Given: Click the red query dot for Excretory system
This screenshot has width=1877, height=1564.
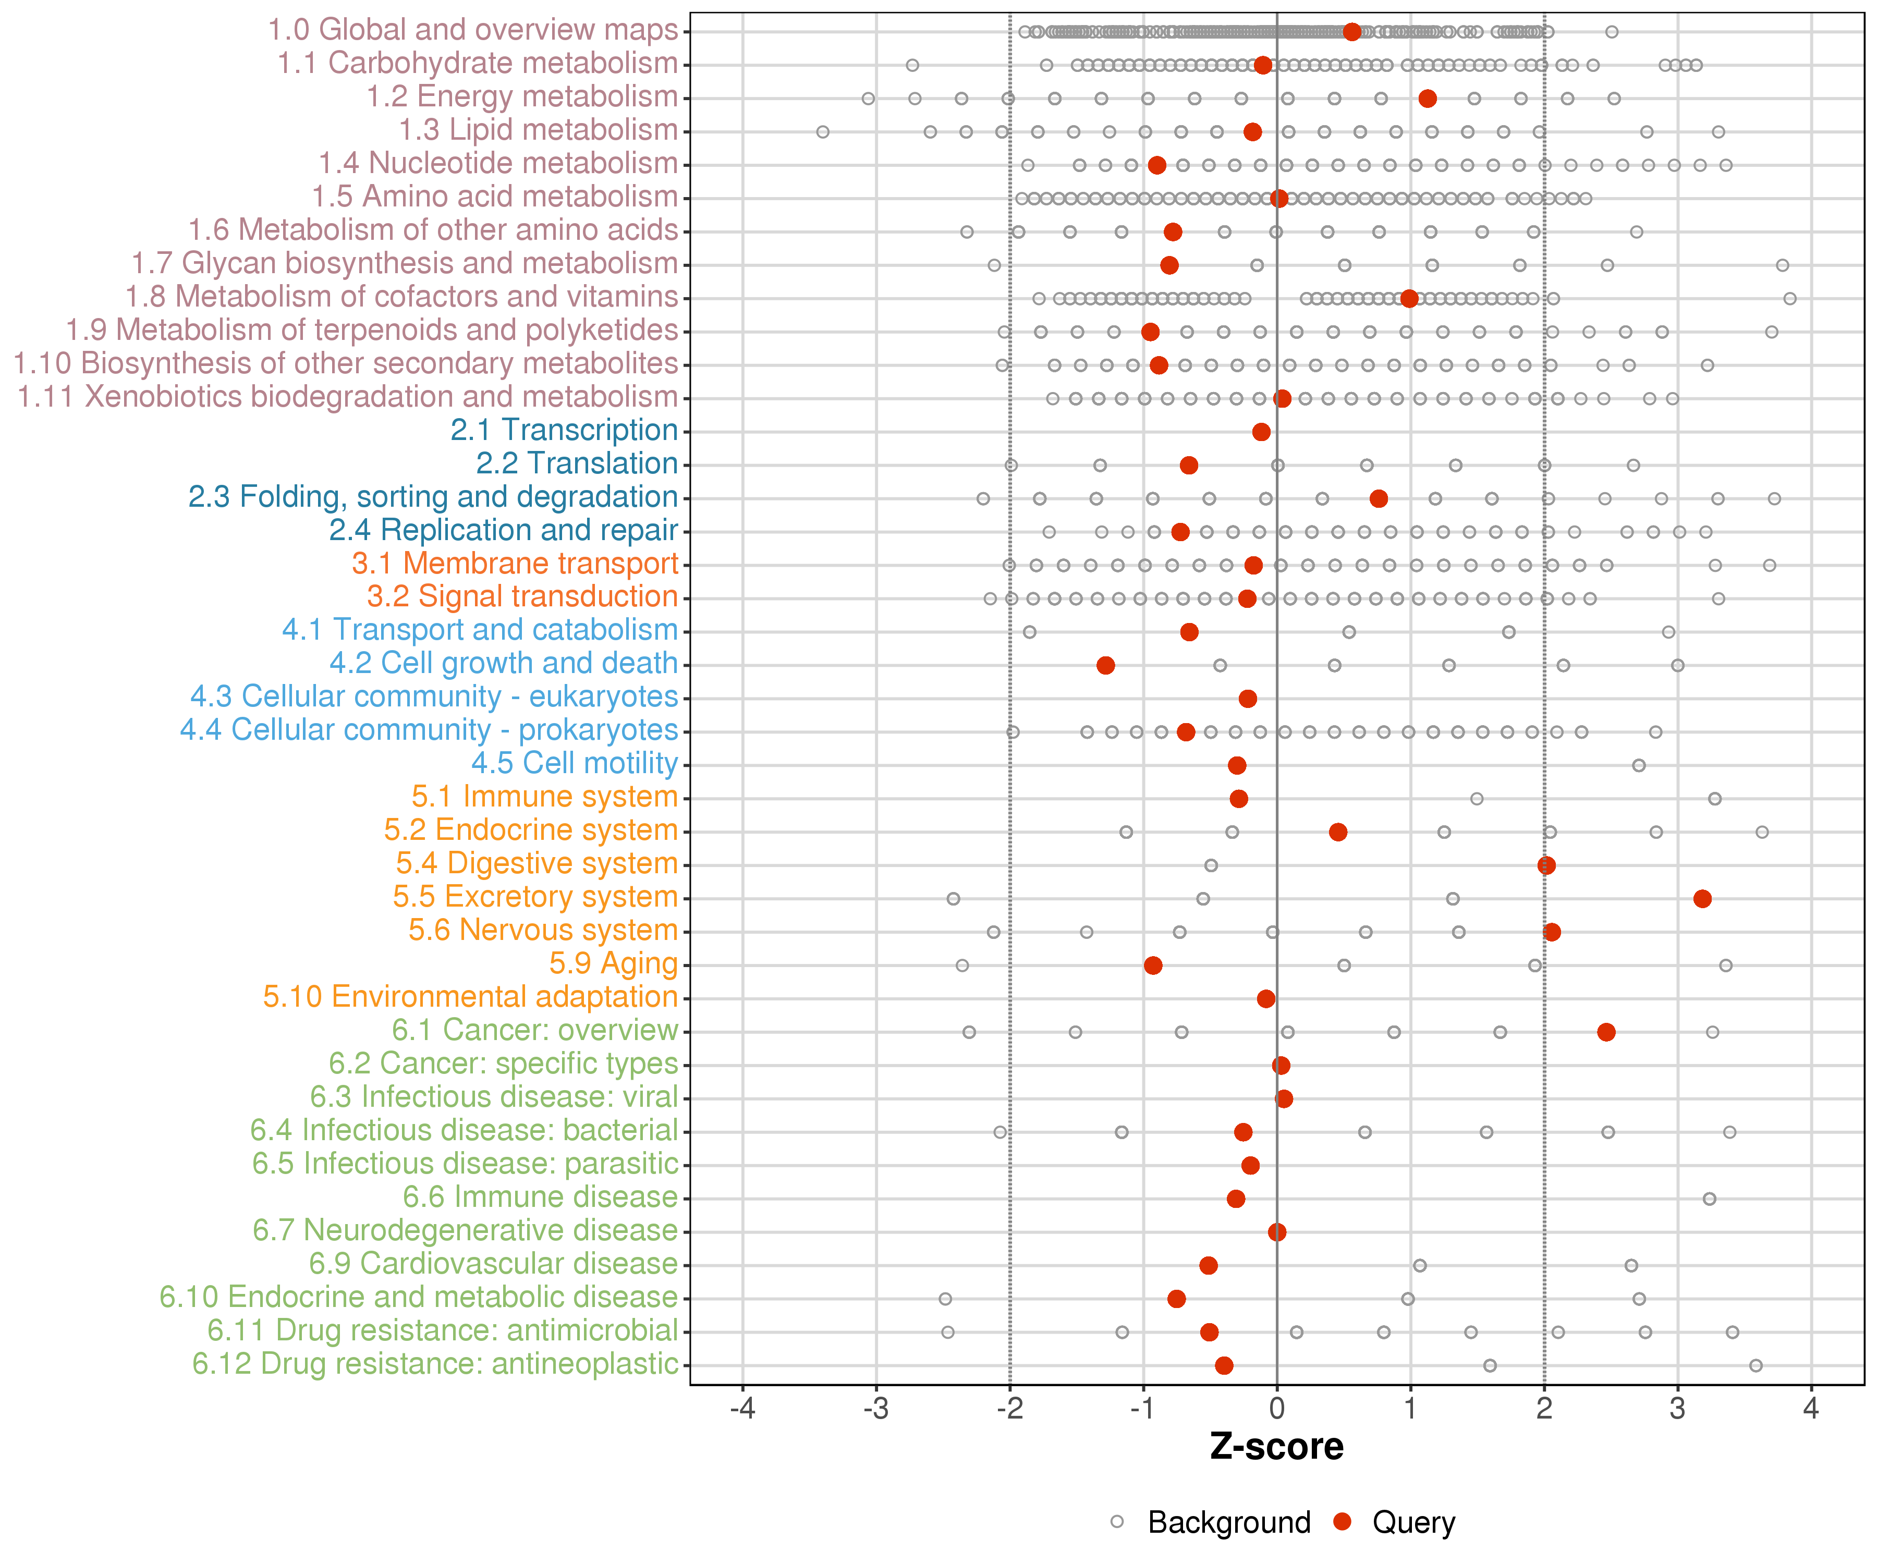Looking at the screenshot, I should (x=1702, y=898).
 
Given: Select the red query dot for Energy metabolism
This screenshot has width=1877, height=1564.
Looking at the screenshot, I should (x=1428, y=99).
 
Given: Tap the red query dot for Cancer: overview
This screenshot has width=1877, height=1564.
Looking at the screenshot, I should (x=1606, y=1032).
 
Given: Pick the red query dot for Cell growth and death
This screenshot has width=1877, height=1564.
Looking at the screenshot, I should (x=1106, y=665).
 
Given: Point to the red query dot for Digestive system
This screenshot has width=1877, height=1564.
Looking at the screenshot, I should (x=1546, y=865).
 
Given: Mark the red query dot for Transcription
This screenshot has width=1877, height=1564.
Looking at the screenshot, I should (x=1261, y=432).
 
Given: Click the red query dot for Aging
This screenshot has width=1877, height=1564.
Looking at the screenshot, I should (x=1153, y=965).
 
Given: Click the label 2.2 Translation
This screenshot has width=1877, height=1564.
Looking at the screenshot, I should (x=577, y=464).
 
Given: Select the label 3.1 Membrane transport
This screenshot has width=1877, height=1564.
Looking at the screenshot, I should (x=515, y=564).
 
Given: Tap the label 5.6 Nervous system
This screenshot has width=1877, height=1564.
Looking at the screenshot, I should (x=543, y=931).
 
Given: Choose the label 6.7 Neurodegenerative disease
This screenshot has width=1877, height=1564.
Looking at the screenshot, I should (x=465, y=1231).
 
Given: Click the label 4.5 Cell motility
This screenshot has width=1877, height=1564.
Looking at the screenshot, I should (x=574, y=764).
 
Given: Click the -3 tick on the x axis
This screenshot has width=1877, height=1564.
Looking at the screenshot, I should (x=876, y=1409).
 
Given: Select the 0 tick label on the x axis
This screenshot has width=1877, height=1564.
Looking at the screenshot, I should (x=1276, y=1409).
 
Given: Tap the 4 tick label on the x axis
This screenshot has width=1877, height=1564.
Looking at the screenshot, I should (x=1811, y=1409).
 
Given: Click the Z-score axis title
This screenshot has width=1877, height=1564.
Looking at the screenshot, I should (x=1276, y=1447).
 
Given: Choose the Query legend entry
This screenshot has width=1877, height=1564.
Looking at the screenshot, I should (x=1413, y=1523).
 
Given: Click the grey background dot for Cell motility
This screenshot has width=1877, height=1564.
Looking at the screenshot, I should (x=1638, y=765).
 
